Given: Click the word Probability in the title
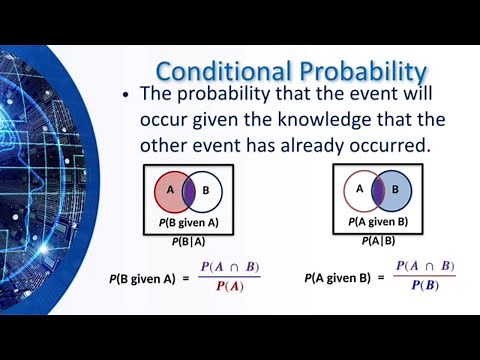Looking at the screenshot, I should click(x=351, y=72).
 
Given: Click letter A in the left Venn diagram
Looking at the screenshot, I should click(x=169, y=187).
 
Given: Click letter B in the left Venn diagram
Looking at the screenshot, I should click(x=206, y=187).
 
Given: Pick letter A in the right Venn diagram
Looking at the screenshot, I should click(x=359, y=186).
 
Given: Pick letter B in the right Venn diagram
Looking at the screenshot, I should click(x=395, y=186).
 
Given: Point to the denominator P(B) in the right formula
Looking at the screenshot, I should click(x=423, y=287).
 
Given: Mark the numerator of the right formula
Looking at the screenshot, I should click(x=424, y=267).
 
